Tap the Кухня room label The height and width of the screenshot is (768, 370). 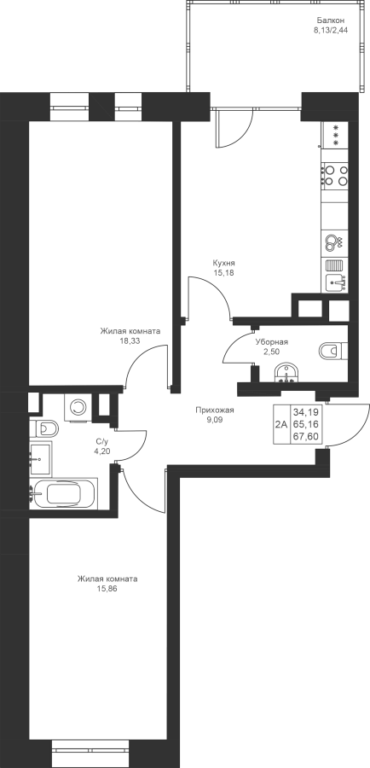[223, 263]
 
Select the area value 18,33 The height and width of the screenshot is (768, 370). [130, 340]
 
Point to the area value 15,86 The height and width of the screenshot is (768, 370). [107, 589]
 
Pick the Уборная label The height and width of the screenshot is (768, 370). [271, 342]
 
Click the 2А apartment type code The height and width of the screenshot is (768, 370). [281, 424]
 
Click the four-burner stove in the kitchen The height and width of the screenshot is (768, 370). [335, 175]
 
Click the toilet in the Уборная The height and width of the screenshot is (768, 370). [332, 352]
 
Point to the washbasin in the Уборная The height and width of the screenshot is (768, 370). [286, 373]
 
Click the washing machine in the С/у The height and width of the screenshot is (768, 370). [77, 406]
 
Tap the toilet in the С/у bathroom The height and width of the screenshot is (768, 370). [43, 428]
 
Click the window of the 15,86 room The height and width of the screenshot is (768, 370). [90, 749]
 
